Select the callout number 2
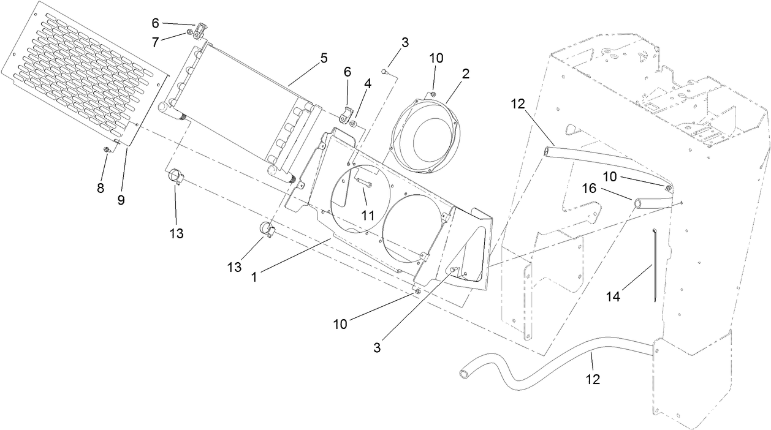(x=466, y=74)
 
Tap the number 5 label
(x=324, y=58)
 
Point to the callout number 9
(x=121, y=200)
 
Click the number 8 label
(x=101, y=188)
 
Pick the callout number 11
(x=367, y=216)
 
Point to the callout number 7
(x=155, y=42)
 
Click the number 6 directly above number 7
(x=155, y=23)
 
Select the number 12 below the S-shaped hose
(x=592, y=379)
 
